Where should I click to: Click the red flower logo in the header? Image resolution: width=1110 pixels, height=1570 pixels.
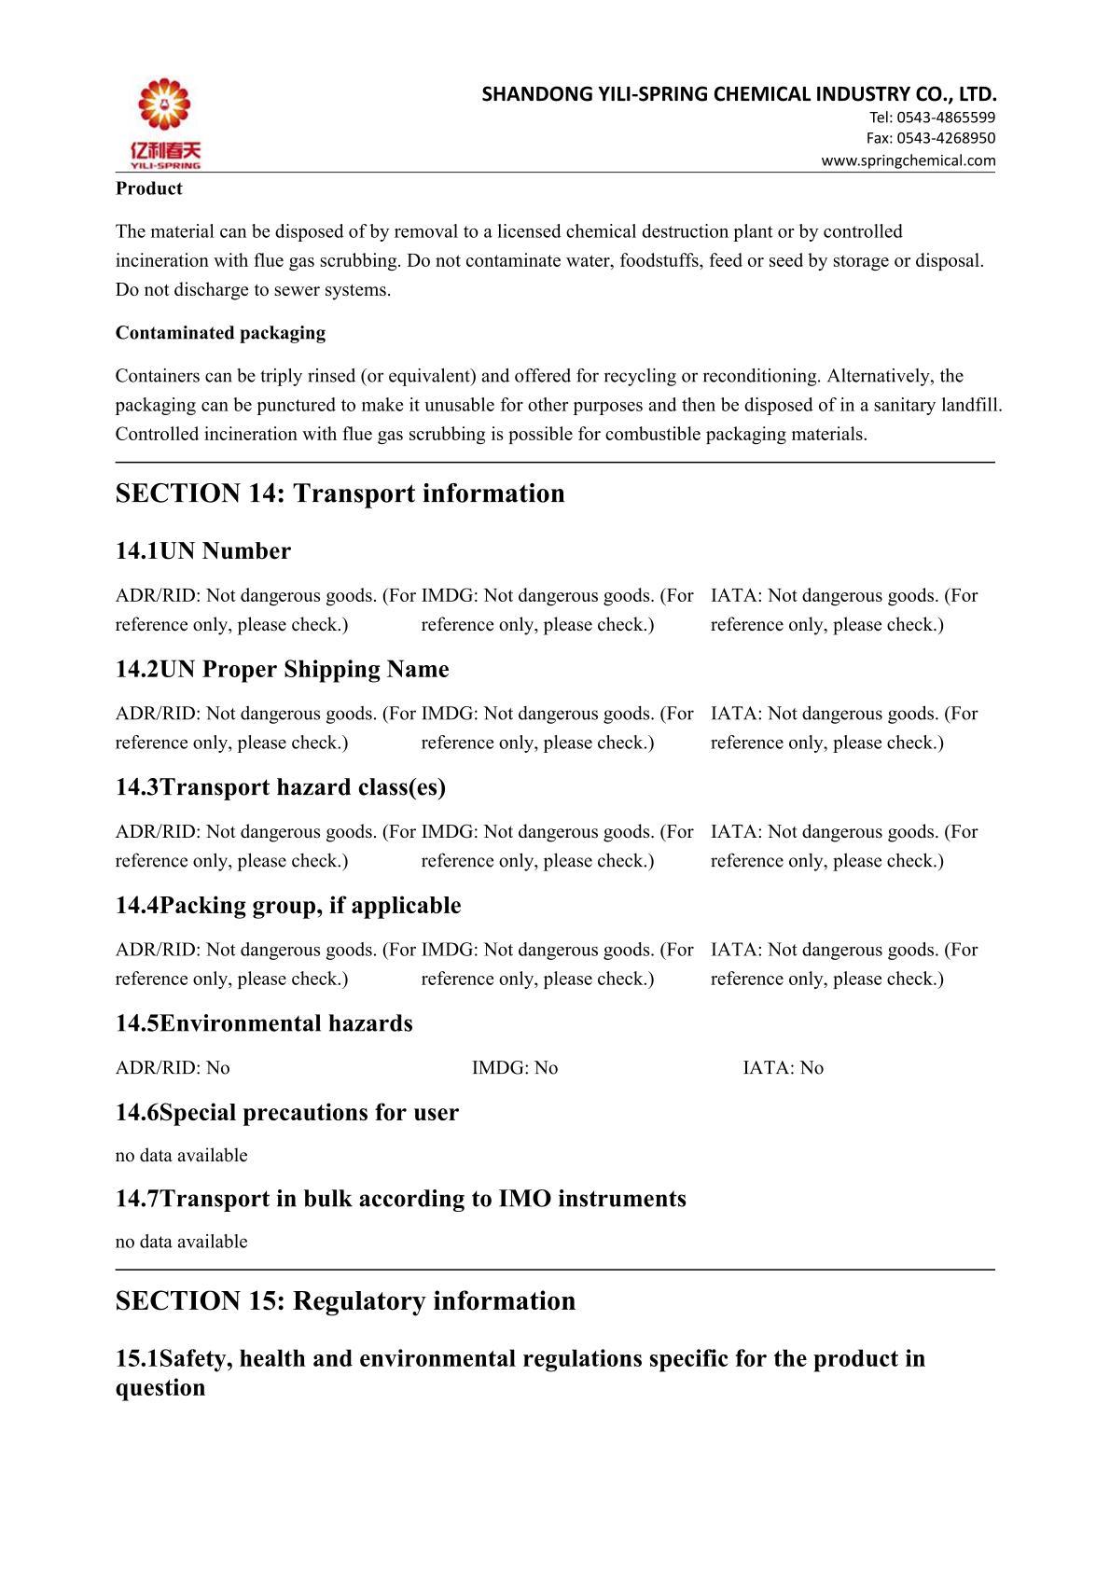click(x=164, y=105)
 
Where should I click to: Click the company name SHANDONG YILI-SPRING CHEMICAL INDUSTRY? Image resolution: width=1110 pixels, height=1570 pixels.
click(x=739, y=93)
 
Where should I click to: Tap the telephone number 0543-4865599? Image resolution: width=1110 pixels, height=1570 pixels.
click(x=945, y=117)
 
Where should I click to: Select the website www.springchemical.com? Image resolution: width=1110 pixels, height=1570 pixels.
click(x=908, y=160)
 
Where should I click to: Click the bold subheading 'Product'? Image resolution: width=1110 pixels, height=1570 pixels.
click(x=148, y=188)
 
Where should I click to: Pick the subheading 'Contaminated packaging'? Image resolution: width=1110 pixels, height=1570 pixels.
click(x=220, y=333)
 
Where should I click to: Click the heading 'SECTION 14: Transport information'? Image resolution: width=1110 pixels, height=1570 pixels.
click(x=340, y=493)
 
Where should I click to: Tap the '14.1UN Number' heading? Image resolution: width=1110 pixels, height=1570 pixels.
click(x=202, y=551)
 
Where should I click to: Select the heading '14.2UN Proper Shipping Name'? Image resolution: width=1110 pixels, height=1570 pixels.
click(x=282, y=670)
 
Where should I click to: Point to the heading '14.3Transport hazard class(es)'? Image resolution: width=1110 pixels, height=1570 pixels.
click(x=280, y=787)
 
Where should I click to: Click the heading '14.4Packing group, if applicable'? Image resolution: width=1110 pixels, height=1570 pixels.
click(x=287, y=906)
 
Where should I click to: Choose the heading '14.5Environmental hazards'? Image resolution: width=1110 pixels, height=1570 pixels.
click(x=263, y=1023)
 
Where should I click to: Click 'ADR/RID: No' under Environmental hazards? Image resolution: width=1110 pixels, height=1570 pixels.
click(x=173, y=1068)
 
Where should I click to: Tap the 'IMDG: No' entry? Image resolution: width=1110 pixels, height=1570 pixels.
click(x=514, y=1068)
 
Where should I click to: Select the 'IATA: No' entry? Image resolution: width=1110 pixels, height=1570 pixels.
click(x=783, y=1068)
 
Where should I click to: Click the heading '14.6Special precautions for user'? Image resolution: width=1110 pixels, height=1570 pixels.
click(x=286, y=1113)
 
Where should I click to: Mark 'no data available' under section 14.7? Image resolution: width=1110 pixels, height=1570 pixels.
click(x=181, y=1242)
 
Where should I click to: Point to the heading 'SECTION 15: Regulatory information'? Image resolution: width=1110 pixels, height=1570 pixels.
click(x=345, y=1301)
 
